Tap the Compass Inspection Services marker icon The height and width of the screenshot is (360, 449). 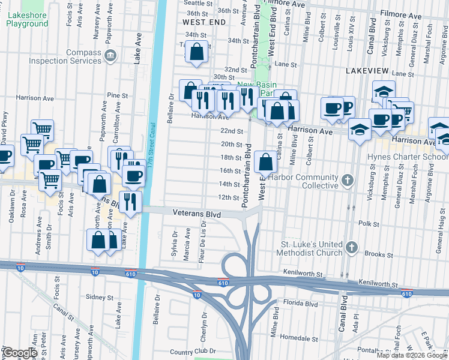[x=110, y=56]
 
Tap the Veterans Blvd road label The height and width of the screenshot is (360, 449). [x=196, y=214]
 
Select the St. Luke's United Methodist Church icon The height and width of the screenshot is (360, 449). [x=352, y=247]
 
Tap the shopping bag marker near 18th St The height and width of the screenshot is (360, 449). [x=265, y=161]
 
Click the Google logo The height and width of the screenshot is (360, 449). [x=20, y=353]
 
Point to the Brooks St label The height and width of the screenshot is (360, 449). [x=379, y=254]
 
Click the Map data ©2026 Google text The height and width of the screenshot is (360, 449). [x=412, y=355]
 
